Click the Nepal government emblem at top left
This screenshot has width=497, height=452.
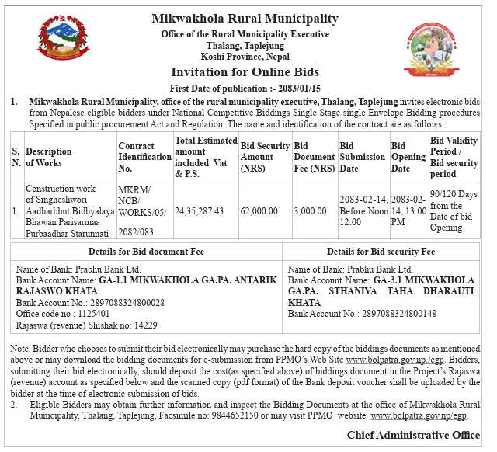[x=68, y=47]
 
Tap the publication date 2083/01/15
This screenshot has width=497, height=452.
[x=298, y=88]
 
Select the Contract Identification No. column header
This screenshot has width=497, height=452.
[x=144, y=157]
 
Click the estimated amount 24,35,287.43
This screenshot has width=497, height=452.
[x=199, y=210]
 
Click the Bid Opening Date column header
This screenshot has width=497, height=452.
[x=408, y=157]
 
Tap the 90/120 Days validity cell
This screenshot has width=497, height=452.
[x=455, y=210]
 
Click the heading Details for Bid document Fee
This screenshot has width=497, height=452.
[x=145, y=252]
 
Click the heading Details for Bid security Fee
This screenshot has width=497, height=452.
[x=381, y=252]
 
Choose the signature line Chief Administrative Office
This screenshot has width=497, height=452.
[x=413, y=435]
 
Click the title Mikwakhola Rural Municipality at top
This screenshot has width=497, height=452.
[x=245, y=19]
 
